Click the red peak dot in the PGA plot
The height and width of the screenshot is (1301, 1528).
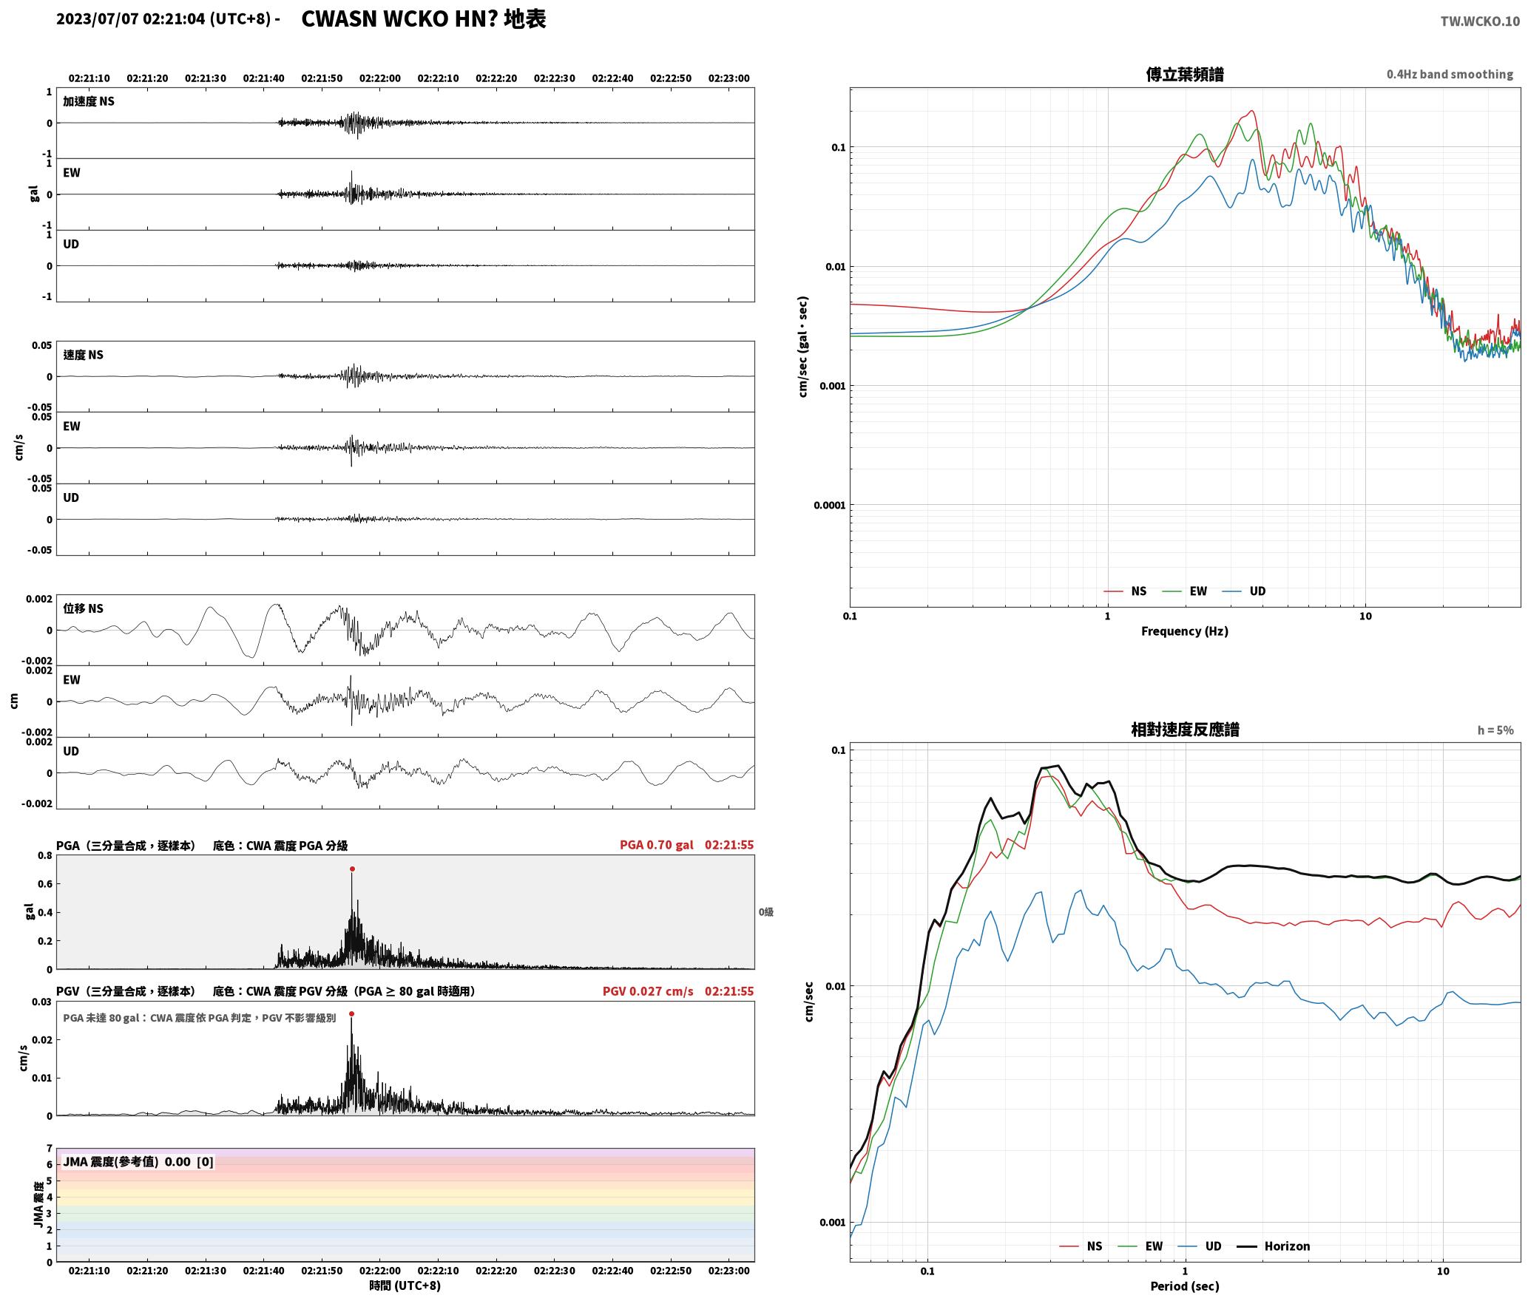(x=352, y=869)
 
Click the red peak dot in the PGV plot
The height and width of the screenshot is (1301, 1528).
(x=351, y=1013)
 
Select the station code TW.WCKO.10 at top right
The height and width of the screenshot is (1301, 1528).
(x=1480, y=21)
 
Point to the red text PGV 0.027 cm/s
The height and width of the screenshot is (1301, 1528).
(x=648, y=991)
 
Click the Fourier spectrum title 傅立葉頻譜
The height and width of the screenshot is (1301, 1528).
(x=1184, y=74)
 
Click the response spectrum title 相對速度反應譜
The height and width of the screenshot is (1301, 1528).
(x=1185, y=729)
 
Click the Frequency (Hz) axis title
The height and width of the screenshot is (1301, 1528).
(x=1184, y=631)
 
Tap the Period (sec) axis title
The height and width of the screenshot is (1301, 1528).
(x=1184, y=1285)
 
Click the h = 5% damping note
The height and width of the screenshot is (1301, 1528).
(x=1495, y=730)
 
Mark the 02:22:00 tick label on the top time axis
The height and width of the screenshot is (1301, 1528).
(x=380, y=78)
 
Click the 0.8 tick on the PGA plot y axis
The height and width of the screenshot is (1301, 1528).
(x=44, y=855)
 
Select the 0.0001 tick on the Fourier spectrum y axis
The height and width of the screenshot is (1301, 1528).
(x=829, y=505)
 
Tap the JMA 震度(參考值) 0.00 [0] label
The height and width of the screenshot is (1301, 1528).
(x=138, y=1161)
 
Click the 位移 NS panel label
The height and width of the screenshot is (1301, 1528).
(x=83, y=608)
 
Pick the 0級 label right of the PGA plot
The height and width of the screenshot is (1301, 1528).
(x=765, y=911)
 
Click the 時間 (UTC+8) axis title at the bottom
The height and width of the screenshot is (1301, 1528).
(x=405, y=1285)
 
